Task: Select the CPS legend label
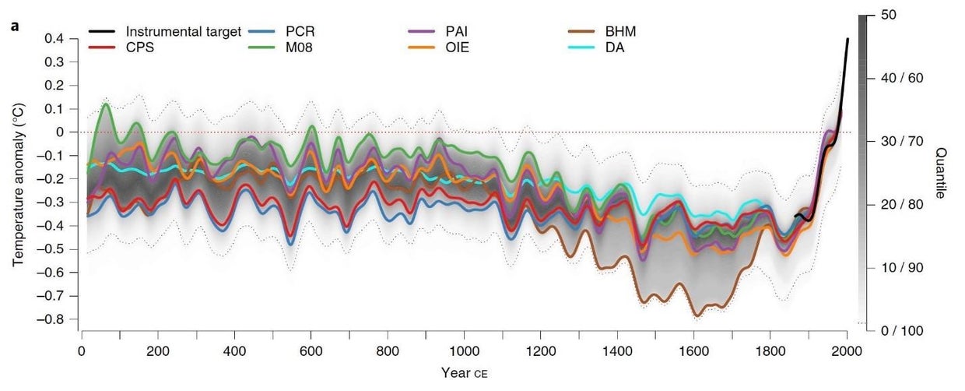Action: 142,48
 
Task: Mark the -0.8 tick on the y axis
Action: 53,319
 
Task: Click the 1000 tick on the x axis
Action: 465,350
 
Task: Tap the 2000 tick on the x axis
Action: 847,350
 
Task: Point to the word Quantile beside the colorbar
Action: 939,173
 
